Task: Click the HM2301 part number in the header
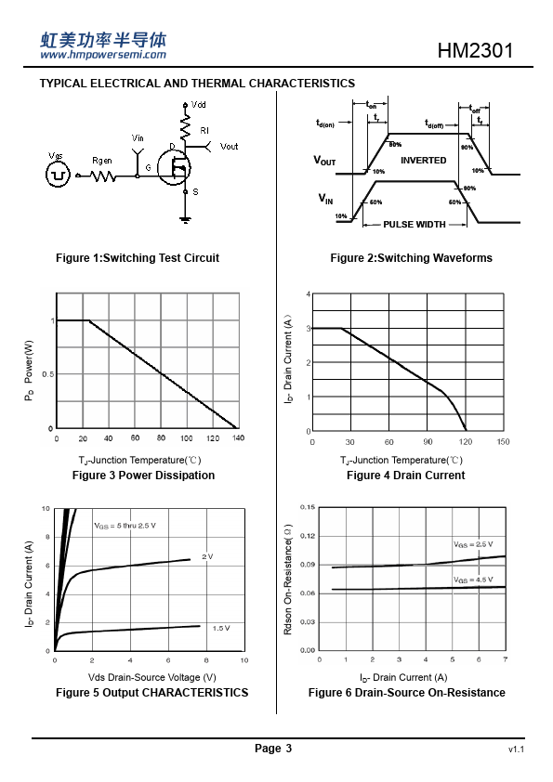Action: coord(475,50)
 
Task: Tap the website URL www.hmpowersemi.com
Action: coord(103,55)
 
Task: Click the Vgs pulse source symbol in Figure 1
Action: coord(58,175)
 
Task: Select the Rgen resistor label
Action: coord(102,161)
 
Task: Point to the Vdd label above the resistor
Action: coord(199,105)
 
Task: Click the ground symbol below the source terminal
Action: coord(186,219)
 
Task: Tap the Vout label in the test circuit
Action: coord(229,147)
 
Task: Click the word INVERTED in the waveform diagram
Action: coord(423,160)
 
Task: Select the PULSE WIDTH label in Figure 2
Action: coord(415,225)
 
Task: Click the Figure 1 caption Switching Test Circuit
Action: coord(138,258)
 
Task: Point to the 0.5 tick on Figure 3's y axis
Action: coord(48,374)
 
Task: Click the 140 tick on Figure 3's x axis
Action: coord(239,437)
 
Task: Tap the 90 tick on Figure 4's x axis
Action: coord(428,442)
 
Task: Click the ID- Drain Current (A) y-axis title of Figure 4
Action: coord(288,359)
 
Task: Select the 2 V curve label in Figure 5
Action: coord(207,556)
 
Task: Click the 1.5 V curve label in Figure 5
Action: coord(221,628)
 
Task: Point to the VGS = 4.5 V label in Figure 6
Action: coord(473,580)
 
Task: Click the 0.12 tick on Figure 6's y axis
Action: coord(308,536)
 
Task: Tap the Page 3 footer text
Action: coord(273,748)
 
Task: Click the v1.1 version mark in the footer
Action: coord(516,749)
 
